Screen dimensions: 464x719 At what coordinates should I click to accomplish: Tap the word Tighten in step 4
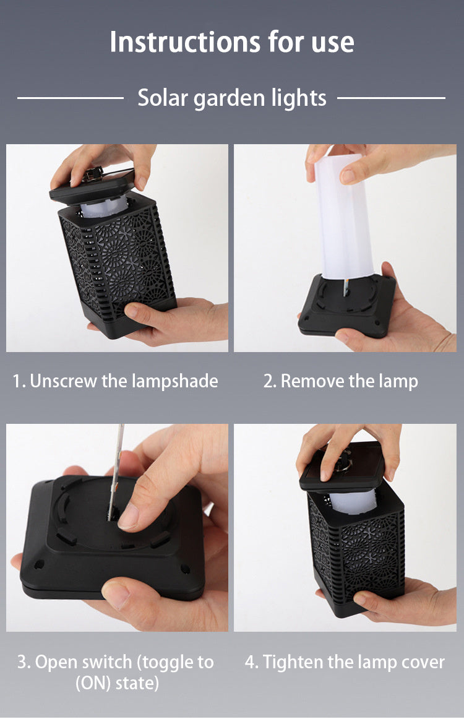[293, 663]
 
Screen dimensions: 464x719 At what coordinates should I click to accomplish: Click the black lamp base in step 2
[347, 306]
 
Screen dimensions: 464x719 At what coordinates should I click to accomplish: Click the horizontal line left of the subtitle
[71, 98]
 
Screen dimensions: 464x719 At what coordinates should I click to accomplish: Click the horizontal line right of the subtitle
[391, 98]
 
